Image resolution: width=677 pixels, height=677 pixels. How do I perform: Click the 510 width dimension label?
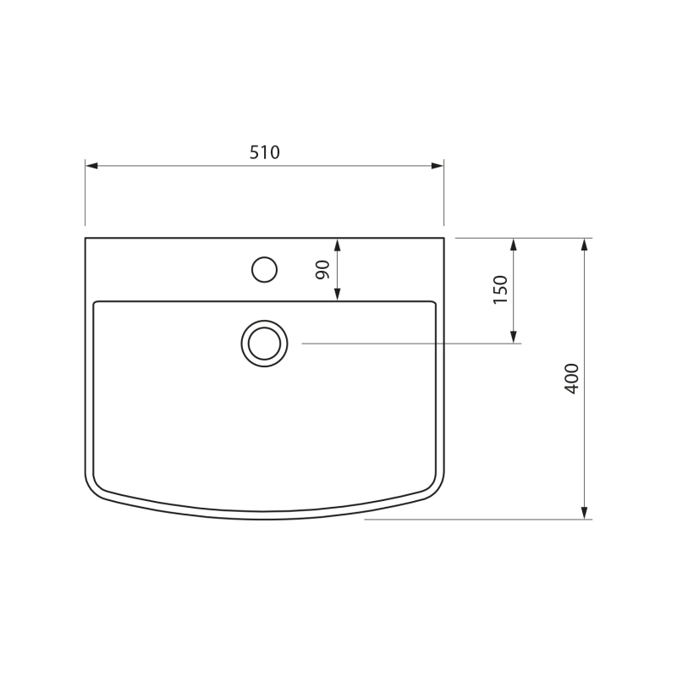[x=265, y=152]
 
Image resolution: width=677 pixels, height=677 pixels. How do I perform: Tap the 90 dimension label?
[x=322, y=270]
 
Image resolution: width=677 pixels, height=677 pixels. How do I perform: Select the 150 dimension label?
[x=500, y=289]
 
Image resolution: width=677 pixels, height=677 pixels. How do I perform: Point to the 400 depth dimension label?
[x=572, y=378]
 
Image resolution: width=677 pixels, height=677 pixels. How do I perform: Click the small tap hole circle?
[x=264, y=270]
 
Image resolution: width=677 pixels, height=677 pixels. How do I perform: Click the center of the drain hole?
[x=264, y=344]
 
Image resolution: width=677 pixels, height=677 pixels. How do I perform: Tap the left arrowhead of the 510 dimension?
[x=91, y=166]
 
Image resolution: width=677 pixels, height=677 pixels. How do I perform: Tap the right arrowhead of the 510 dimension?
[x=438, y=166]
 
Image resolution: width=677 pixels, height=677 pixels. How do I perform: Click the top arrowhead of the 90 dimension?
[x=338, y=245]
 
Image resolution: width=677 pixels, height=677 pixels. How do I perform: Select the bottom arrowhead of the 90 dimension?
[x=338, y=294]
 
